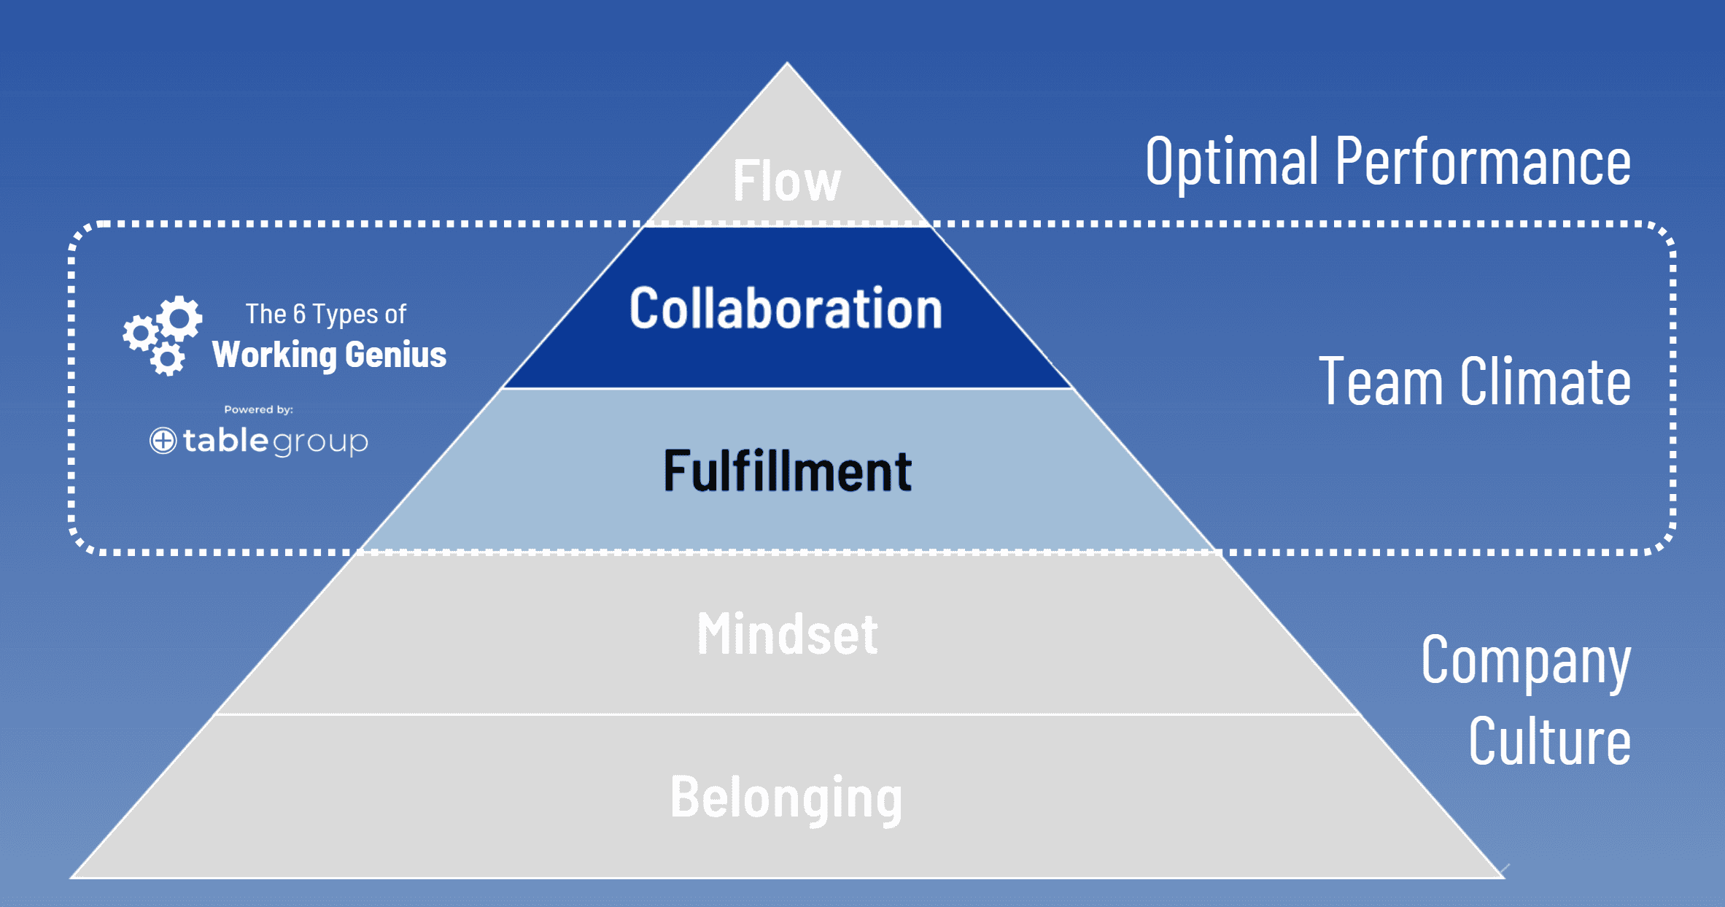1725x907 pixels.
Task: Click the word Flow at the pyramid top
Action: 786,180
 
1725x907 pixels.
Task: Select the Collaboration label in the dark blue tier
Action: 786,309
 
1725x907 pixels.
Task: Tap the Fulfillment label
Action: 787,471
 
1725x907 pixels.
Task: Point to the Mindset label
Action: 787,633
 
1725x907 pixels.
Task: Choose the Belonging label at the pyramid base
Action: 786,797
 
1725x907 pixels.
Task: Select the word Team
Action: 1380,382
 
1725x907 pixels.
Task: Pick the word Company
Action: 1525,661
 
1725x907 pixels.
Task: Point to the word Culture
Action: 1549,741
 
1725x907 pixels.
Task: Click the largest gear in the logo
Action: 179,317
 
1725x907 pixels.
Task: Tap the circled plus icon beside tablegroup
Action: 163,441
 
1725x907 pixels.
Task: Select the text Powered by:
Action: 258,409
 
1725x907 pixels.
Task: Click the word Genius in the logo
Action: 395,355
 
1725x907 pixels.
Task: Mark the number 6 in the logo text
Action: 299,314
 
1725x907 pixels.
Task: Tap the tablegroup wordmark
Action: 275,441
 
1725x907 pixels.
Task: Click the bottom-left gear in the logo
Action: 168,359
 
